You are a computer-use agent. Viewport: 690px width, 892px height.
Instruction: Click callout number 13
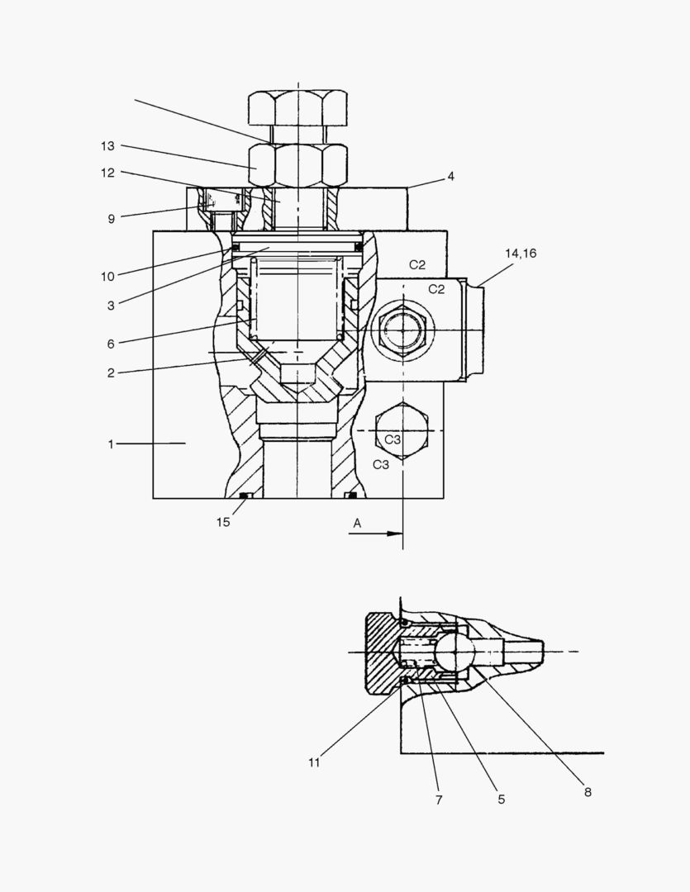(107, 146)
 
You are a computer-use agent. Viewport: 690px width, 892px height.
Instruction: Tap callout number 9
(111, 219)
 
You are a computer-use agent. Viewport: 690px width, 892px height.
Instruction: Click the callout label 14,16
(521, 254)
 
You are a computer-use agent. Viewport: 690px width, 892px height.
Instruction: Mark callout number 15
(223, 522)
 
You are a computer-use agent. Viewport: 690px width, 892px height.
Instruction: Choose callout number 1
(111, 444)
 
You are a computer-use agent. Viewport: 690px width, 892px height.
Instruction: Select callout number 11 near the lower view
(314, 762)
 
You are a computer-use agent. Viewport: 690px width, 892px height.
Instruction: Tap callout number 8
(588, 792)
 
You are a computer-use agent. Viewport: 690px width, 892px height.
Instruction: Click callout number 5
(501, 799)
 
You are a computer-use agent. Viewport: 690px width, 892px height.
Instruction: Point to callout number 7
(439, 799)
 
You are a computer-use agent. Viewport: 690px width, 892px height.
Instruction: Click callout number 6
(111, 344)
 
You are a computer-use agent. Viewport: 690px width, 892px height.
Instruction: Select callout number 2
(111, 373)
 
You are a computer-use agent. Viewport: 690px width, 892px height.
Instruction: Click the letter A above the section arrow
(357, 523)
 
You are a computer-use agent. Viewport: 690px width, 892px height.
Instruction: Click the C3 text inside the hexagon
(393, 439)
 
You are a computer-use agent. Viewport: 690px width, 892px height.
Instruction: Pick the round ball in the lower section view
(455, 652)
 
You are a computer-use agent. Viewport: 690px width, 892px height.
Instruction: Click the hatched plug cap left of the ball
(382, 652)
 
